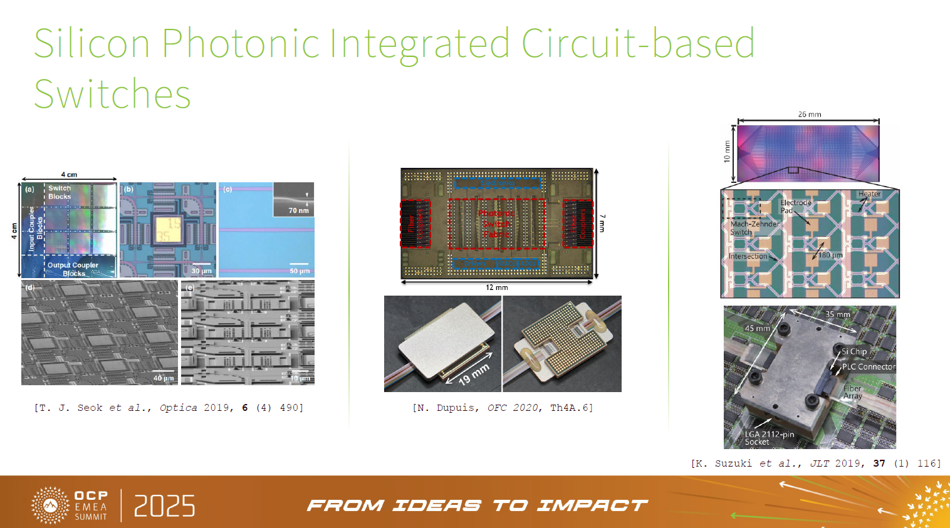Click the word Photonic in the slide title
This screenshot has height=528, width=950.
coord(241,44)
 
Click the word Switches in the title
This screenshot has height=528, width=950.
coord(112,95)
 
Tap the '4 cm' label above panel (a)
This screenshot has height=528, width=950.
coord(69,175)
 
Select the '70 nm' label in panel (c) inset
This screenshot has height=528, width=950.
coord(298,210)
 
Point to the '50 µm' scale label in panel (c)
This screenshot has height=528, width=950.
coord(300,271)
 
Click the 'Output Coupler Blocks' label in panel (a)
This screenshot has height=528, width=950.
coord(73,269)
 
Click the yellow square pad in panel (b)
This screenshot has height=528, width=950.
coord(167,229)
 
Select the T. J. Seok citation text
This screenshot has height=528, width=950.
coord(169,408)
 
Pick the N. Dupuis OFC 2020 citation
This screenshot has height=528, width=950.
coord(503,408)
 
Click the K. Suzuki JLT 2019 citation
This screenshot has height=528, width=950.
coord(815,463)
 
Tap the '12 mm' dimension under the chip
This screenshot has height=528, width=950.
coord(497,287)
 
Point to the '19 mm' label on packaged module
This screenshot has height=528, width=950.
coord(474,375)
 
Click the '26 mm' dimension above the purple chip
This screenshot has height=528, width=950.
coord(810,115)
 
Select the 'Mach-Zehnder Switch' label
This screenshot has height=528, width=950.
coord(754,228)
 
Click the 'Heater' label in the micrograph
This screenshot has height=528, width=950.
coord(869,194)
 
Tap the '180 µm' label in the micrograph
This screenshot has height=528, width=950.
coord(830,255)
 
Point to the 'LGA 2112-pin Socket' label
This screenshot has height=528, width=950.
coord(769,438)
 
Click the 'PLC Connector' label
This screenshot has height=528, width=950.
coord(869,367)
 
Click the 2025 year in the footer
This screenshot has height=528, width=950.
coord(165,506)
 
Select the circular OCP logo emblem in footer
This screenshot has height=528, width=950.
coord(50,505)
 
